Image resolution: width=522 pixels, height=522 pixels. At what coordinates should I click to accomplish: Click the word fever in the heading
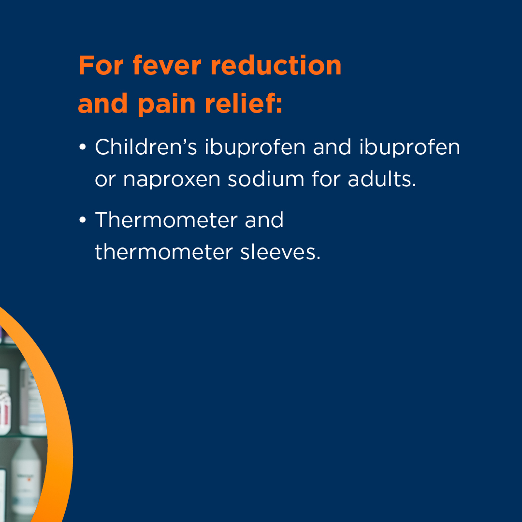pyautogui.click(x=167, y=65)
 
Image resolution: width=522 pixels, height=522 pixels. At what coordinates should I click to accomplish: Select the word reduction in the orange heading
pyautogui.click(x=276, y=65)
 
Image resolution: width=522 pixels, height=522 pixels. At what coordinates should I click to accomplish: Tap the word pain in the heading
pyautogui.click(x=166, y=104)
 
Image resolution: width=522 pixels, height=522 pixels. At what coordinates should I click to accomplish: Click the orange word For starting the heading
pyautogui.click(x=101, y=65)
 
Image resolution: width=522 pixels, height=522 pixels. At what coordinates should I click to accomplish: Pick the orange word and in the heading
pyautogui.click(x=103, y=103)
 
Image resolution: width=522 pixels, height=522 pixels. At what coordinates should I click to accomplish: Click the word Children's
pyautogui.click(x=146, y=146)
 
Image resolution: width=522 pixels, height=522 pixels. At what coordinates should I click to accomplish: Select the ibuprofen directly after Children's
pyautogui.click(x=255, y=147)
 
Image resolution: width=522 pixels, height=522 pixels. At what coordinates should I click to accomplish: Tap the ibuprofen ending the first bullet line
pyautogui.click(x=409, y=147)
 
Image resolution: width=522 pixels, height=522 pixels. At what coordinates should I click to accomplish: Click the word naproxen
pyautogui.click(x=172, y=180)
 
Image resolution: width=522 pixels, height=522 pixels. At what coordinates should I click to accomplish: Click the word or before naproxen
pyautogui.click(x=105, y=180)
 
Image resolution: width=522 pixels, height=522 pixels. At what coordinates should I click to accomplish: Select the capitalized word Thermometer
pyautogui.click(x=166, y=220)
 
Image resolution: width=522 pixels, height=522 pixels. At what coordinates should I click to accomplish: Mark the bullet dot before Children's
pyautogui.click(x=83, y=147)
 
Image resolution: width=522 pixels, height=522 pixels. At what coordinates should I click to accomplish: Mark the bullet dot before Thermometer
pyautogui.click(x=83, y=220)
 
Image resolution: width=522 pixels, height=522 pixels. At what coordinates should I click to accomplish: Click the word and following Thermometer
pyautogui.click(x=264, y=220)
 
